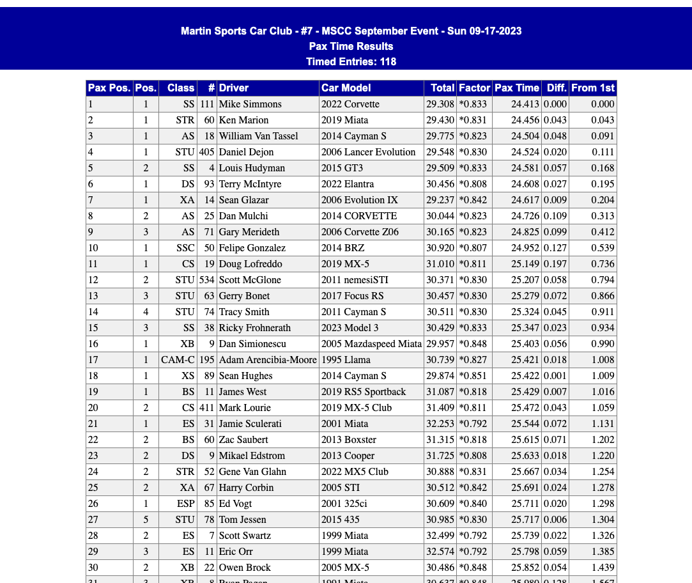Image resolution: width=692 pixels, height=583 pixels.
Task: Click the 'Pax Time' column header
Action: coord(516,88)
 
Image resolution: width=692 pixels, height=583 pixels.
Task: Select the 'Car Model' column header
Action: coord(346,88)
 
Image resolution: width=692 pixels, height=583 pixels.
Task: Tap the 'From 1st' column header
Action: coord(592,88)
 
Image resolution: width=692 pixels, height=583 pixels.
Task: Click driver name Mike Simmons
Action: coord(250,104)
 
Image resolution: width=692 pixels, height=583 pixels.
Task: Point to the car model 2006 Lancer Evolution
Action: coord(368,152)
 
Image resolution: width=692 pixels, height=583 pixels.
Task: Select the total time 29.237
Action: coord(440,200)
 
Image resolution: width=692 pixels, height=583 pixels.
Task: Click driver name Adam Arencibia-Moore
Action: coord(268,360)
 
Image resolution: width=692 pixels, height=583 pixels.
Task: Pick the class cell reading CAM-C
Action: coord(178,360)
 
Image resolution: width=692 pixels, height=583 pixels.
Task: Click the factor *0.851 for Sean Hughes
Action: coord(473,376)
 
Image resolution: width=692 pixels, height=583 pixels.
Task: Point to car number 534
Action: coord(206,280)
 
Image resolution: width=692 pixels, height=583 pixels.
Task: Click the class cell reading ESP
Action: coord(186,504)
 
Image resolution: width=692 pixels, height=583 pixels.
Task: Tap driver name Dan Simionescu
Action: coord(252,344)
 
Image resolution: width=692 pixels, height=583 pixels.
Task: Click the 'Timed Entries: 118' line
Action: coord(351,62)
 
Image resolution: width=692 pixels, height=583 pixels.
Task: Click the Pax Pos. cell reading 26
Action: coord(93,504)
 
